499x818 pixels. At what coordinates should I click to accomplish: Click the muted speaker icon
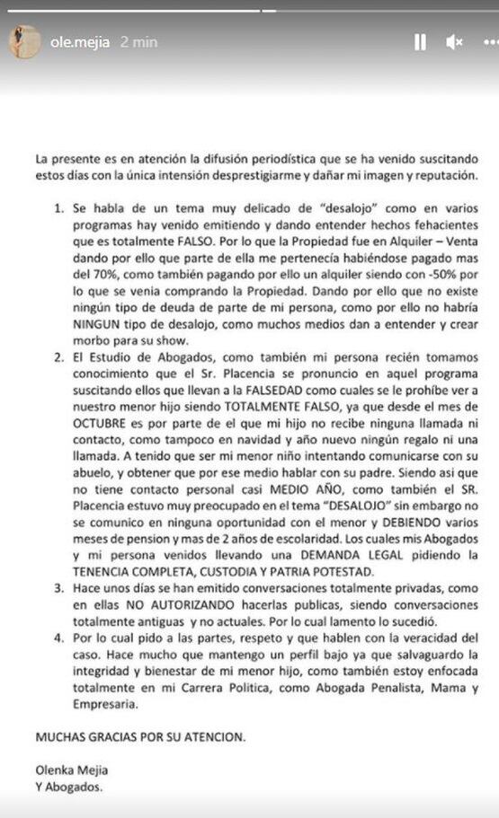455,41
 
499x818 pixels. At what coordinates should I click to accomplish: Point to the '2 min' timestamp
138,41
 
